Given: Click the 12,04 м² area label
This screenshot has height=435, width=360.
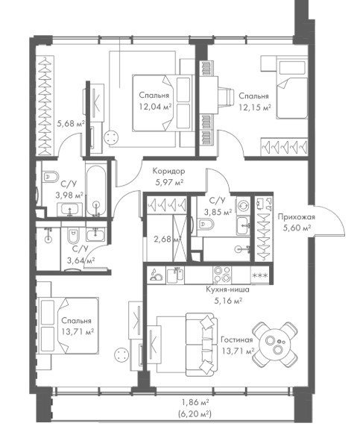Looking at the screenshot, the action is click(154, 107).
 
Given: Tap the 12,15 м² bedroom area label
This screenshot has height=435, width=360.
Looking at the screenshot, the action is click(255, 107).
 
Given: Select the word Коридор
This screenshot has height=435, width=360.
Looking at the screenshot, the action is click(168, 171).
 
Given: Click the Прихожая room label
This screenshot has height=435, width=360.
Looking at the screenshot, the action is click(297, 216).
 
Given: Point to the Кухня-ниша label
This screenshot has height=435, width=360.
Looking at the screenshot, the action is click(227, 290).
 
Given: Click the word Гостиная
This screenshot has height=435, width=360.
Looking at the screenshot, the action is click(237, 339).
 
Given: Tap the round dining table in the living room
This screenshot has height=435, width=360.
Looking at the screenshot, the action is click(275, 344).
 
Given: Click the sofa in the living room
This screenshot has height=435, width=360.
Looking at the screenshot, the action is click(201, 345).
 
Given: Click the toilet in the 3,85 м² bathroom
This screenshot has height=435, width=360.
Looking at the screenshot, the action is click(206, 223).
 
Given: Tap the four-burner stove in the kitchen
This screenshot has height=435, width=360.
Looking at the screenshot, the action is click(222, 274).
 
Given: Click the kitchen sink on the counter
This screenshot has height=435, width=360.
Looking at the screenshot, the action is click(175, 275).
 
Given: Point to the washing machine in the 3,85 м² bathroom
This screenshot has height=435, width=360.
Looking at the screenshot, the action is click(243, 206).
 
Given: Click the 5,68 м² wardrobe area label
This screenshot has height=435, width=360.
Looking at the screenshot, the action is click(71, 123).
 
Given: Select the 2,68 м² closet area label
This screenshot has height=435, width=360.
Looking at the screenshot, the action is click(168, 239).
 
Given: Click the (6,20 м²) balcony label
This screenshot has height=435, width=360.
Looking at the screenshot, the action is click(195, 414).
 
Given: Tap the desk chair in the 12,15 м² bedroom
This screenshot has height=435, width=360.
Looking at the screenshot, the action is click(226, 97).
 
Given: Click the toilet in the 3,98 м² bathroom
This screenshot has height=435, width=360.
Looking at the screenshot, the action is click(51, 177).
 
